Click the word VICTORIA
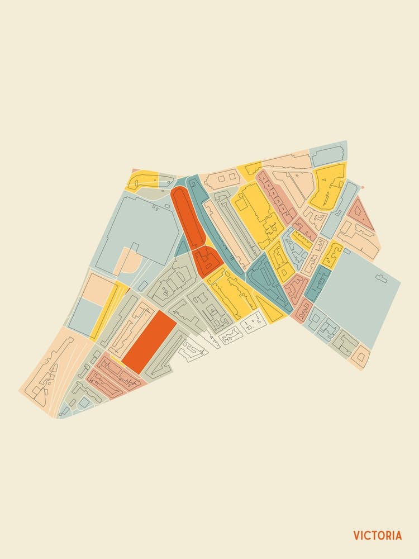[x=377, y=536]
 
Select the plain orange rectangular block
[x=149, y=342]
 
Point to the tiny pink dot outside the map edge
[x=362, y=187]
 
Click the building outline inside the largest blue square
[x=382, y=278]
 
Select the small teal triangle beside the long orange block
[x=182, y=247]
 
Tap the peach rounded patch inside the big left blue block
[x=127, y=260]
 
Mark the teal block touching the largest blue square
[x=317, y=283]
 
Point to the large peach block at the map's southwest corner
[x=50, y=369]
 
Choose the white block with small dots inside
[x=253, y=321]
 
